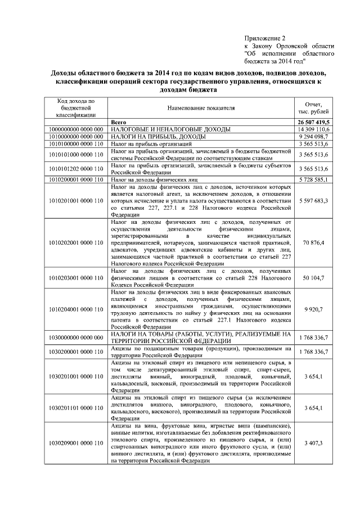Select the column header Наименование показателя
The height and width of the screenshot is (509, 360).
pos(201,107)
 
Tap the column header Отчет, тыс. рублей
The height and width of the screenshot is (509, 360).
pos(313,107)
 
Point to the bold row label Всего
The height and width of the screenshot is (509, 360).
pos(119,121)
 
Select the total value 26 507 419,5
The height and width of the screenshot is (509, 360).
pos(313,121)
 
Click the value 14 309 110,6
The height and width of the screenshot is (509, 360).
pos(313,129)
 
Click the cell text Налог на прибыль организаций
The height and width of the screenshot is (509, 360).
pos(144,144)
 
